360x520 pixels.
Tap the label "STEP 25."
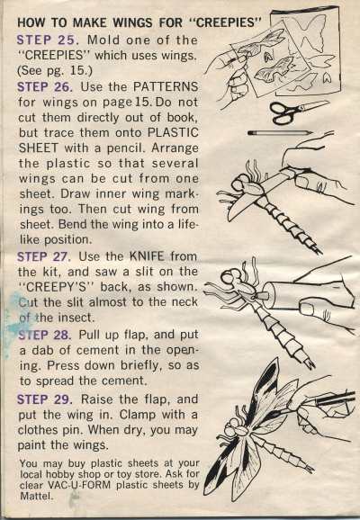point(48,40)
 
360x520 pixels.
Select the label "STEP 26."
point(45,87)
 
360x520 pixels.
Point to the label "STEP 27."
point(44,256)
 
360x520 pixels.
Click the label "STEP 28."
point(44,335)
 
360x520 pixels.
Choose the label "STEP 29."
point(45,399)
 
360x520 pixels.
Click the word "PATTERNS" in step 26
point(166,87)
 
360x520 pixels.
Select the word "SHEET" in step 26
point(39,148)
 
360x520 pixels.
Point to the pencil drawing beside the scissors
point(281,132)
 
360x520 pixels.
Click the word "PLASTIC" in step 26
point(173,132)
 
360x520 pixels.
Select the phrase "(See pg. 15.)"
point(54,70)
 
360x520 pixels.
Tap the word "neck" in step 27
point(184,302)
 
